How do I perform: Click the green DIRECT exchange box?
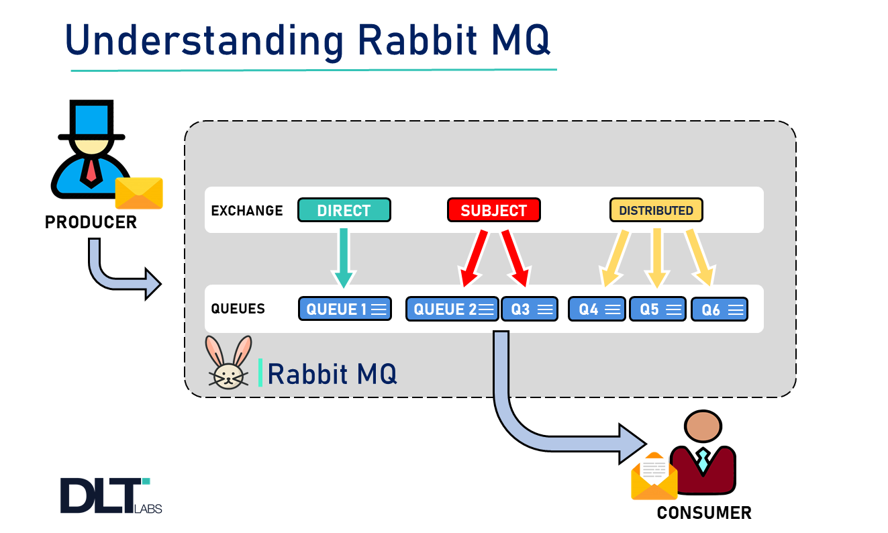(344, 210)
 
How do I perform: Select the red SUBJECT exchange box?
(493, 210)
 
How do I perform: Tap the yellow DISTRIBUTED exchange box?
(656, 210)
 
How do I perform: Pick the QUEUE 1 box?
(344, 309)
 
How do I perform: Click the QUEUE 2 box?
(452, 309)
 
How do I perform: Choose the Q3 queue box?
(530, 309)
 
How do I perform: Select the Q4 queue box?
(597, 309)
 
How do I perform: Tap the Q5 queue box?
(657, 309)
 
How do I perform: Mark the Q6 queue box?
(719, 309)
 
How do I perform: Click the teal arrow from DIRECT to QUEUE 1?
(343, 258)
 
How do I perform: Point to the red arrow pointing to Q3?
(516, 258)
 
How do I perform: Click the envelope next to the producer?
(139, 193)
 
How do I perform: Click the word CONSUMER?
(703, 514)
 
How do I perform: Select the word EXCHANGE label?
(247, 211)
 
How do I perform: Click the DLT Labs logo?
(111, 495)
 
